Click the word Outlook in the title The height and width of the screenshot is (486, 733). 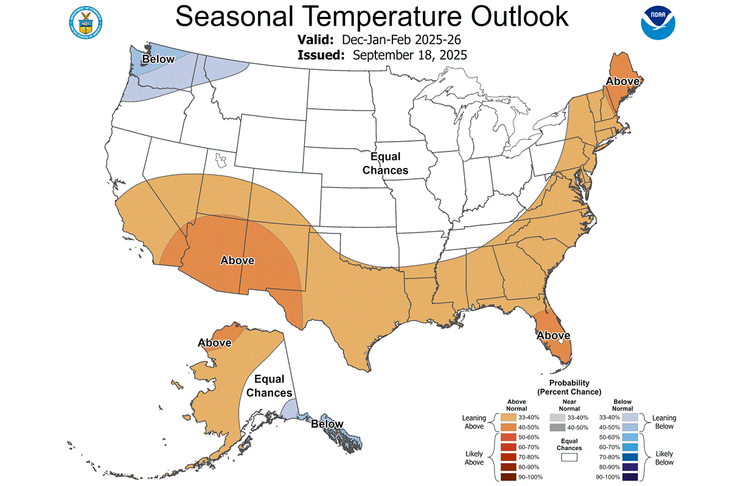(x=504, y=17)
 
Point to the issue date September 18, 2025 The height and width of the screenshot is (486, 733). (x=409, y=55)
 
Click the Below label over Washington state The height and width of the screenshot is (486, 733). (x=158, y=59)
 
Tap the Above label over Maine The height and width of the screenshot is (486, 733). (x=622, y=81)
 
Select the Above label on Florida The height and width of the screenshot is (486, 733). (x=552, y=335)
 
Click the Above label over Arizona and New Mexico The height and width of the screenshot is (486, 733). (x=237, y=260)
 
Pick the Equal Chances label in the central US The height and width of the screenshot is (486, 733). (x=385, y=164)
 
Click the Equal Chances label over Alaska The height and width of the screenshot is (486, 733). (x=269, y=386)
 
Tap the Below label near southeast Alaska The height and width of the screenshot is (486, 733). (x=327, y=423)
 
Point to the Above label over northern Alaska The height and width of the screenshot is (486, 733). (x=214, y=342)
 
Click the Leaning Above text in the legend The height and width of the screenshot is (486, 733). (x=474, y=422)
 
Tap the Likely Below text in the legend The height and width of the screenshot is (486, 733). (x=664, y=457)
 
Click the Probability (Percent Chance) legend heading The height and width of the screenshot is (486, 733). (x=569, y=387)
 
